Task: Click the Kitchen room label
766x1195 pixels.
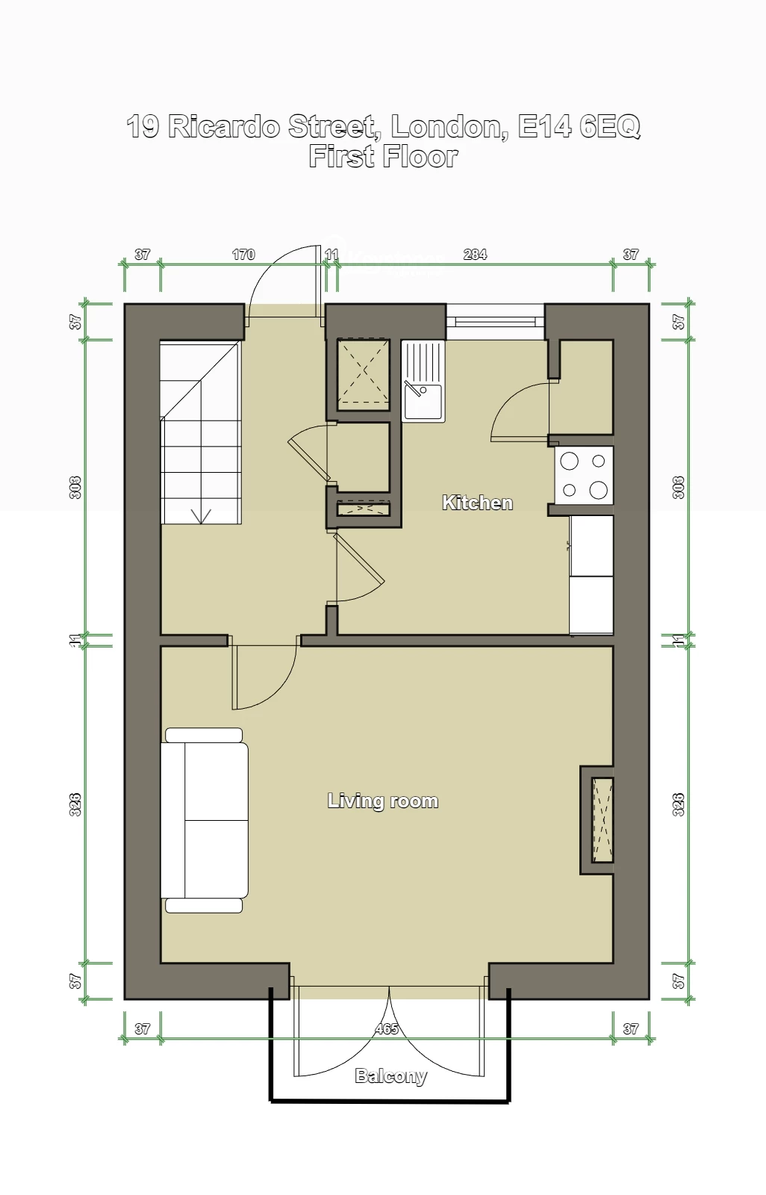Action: pos(477,503)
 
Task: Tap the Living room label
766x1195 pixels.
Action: pos(382,801)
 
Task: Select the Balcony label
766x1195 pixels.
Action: pos(390,1075)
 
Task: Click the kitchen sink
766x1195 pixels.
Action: pos(423,382)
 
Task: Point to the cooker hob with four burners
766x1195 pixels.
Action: pos(584,475)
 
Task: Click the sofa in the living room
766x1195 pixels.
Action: pos(205,820)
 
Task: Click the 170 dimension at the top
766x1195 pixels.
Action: pos(243,255)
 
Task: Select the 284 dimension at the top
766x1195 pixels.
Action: pos(475,255)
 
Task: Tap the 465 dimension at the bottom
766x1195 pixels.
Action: pos(387,1029)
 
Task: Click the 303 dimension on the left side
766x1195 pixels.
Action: pos(75,488)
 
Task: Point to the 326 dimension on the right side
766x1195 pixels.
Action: pos(678,804)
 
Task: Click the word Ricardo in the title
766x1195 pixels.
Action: pos(224,126)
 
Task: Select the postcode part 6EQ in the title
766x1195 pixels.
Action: pos(609,126)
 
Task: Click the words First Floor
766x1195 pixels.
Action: pos(383,157)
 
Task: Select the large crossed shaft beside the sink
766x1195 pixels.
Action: pos(364,374)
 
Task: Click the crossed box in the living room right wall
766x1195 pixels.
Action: pos(602,820)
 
